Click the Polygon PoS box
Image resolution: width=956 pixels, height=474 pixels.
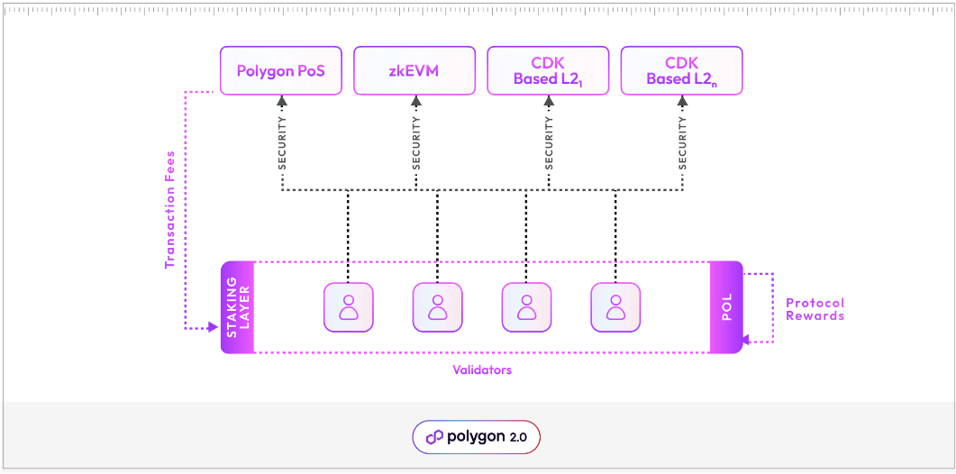pos(281,70)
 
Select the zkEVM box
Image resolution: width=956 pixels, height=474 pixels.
pos(414,70)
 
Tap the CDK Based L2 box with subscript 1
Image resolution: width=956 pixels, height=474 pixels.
pos(548,70)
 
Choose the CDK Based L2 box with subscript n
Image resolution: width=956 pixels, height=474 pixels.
pos(681,70)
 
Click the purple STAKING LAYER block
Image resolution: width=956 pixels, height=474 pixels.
pos(238,307)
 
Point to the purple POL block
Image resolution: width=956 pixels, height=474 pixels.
pos(726,307)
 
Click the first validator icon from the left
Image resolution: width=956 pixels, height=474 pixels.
pos(349,307)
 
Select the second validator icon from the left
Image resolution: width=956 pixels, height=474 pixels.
pos(438,307)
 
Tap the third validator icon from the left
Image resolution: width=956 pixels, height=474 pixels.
pos(526,307)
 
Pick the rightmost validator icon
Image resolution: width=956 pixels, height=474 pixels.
pos(615,307)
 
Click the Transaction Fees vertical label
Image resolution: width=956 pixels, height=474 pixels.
pos(169,209)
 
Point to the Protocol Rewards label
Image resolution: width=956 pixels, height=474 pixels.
pos(815,309)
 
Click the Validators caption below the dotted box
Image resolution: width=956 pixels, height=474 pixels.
pos(482,369)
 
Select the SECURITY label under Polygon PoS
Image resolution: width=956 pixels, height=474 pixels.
pos(282,143)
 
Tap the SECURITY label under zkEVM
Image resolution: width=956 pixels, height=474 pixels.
pos(415,143)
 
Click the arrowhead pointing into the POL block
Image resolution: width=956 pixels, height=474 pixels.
pos(747,341)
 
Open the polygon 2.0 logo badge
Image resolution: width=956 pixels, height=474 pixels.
pos(476,437)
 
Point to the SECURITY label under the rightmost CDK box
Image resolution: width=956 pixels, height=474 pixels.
pos(682,143)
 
